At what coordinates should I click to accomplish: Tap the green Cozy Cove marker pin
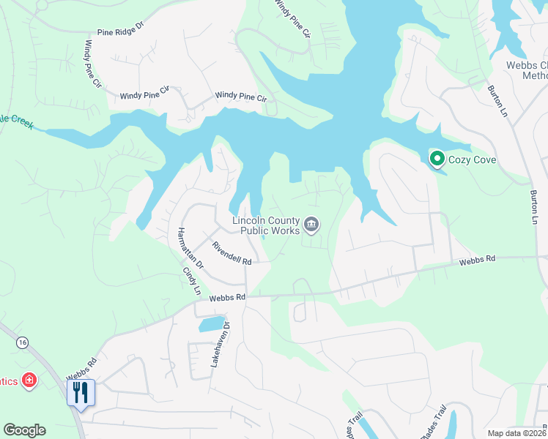pos(437,158)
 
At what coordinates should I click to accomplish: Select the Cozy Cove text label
pos(473,159)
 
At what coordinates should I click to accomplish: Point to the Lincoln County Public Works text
pos(266,225)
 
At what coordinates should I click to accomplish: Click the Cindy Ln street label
pos(191,279)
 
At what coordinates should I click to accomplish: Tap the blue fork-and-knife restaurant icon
pos(81,392)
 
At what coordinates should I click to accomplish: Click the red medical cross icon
pos(29,380)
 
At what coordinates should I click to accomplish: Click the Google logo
pos(24,430)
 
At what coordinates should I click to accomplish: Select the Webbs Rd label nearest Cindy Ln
pos(226,298)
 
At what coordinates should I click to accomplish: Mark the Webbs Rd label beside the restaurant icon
pos(82,369)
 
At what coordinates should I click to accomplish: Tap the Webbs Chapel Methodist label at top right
pos(527,70)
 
